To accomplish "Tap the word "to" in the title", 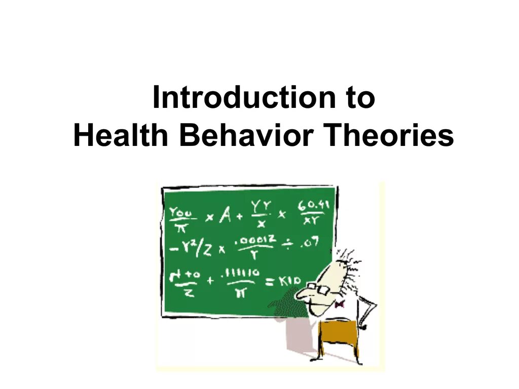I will tap(359, 98).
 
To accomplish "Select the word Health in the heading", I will tap(122, 137).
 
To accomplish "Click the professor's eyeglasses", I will tap(314, 287).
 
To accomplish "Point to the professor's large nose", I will tap(303, 294).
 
